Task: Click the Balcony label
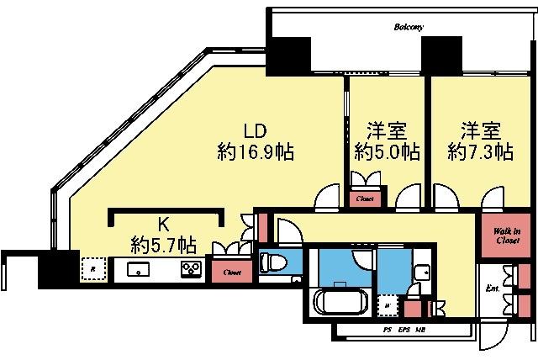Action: coord(409,27)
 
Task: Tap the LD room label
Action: coord(256,132)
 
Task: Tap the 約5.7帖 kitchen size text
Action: coord(164,245)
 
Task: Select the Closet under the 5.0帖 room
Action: coord(366,199)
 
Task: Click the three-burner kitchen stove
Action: coord(190,270)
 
